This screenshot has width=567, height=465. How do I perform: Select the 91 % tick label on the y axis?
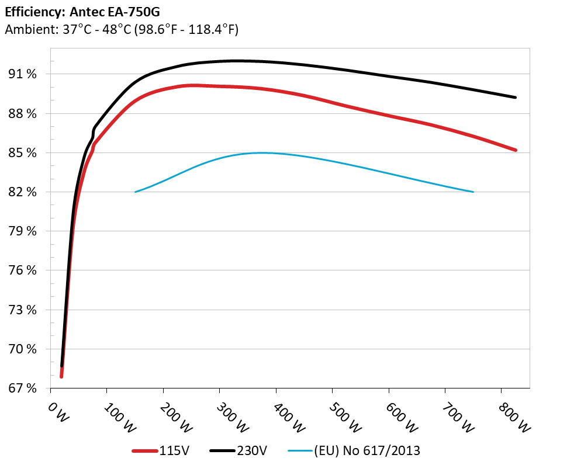click(23, 74)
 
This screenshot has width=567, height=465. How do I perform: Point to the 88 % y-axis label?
click(23, 113)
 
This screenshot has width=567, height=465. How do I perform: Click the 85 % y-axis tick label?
click(23, 152)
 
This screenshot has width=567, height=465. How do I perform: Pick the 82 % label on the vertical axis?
click(23, 192)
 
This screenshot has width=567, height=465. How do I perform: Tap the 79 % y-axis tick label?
click(23, 231)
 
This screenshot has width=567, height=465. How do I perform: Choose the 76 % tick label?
click(23, 270)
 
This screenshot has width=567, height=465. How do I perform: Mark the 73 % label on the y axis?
click(23, 310)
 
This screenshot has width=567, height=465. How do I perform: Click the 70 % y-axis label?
click(23, 349)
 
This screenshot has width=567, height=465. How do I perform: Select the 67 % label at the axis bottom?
click(23, 388)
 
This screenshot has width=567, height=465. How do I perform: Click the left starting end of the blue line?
click(136, 192)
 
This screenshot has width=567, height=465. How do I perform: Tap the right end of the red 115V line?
click(516, 150)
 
